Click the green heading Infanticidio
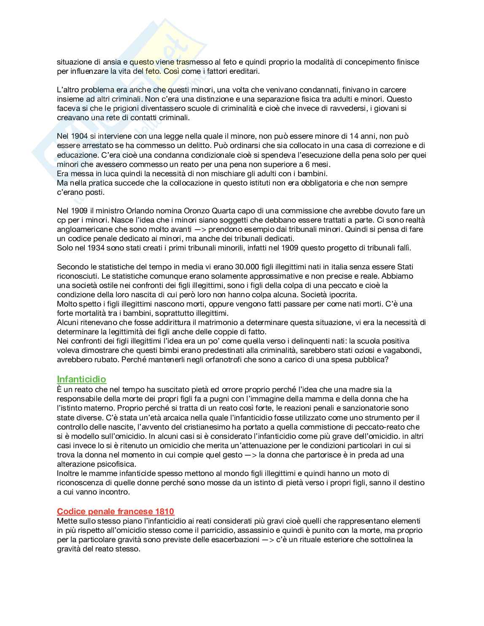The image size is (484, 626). point(81,379)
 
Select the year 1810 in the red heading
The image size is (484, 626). point(164,511)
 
